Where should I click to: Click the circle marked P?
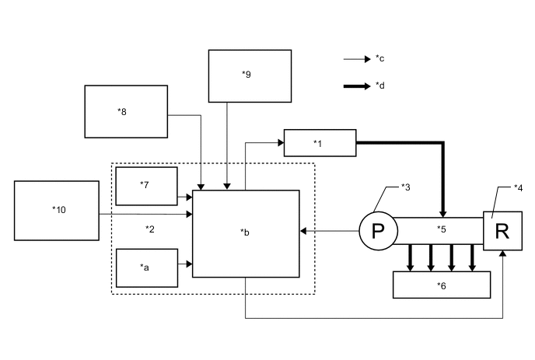[x=378, y=231]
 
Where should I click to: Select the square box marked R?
[x=502, y=231]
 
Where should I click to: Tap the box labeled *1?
[x=320, y=142]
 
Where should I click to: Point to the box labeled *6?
[x=442, y=285]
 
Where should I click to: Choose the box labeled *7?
[x=147, y=186]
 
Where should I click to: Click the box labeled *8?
[x=126, y=111]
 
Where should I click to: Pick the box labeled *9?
[x=248, y=75]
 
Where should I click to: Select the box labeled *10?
[x=57, y=210]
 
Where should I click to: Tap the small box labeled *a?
[x=147, y=267]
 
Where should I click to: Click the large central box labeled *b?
[x=246, y=233]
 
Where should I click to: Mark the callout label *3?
[x=405, y=187]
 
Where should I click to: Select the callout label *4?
[x=518, y=188]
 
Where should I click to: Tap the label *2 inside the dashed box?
[x=151, y=229]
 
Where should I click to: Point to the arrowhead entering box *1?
[x=280, y=142]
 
